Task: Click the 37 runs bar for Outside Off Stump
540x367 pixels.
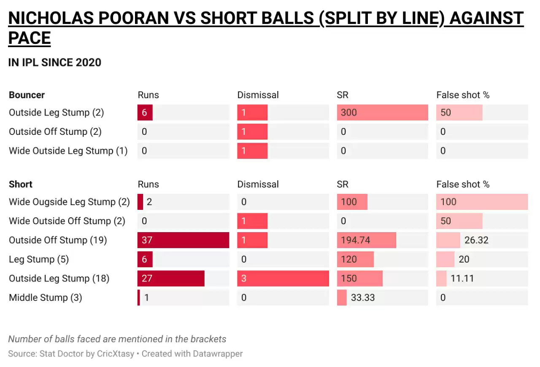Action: [183, 240]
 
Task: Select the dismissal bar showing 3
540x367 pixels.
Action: [283, 279]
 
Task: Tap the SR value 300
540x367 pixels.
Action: [349, 113]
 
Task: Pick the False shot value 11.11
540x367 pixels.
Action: [462, 279]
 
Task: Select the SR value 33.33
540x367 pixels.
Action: [363, 298]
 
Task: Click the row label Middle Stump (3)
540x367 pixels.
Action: [45, 298]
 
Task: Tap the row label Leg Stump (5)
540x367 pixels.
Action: [38, 259]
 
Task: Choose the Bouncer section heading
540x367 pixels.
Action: [27, 95]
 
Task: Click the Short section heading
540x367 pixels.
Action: [21, 184]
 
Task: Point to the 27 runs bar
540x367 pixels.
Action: [171, 279]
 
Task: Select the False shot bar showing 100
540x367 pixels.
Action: [482, 202]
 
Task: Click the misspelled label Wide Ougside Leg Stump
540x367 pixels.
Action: [69, 202]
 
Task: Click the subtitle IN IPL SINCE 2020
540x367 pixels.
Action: [55, 62]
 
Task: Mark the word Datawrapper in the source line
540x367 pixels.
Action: [218, 354]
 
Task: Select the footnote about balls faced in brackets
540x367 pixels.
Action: [117, 339]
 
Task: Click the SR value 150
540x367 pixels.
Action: [349, 279]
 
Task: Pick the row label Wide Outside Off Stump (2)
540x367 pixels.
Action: [67, 221]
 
